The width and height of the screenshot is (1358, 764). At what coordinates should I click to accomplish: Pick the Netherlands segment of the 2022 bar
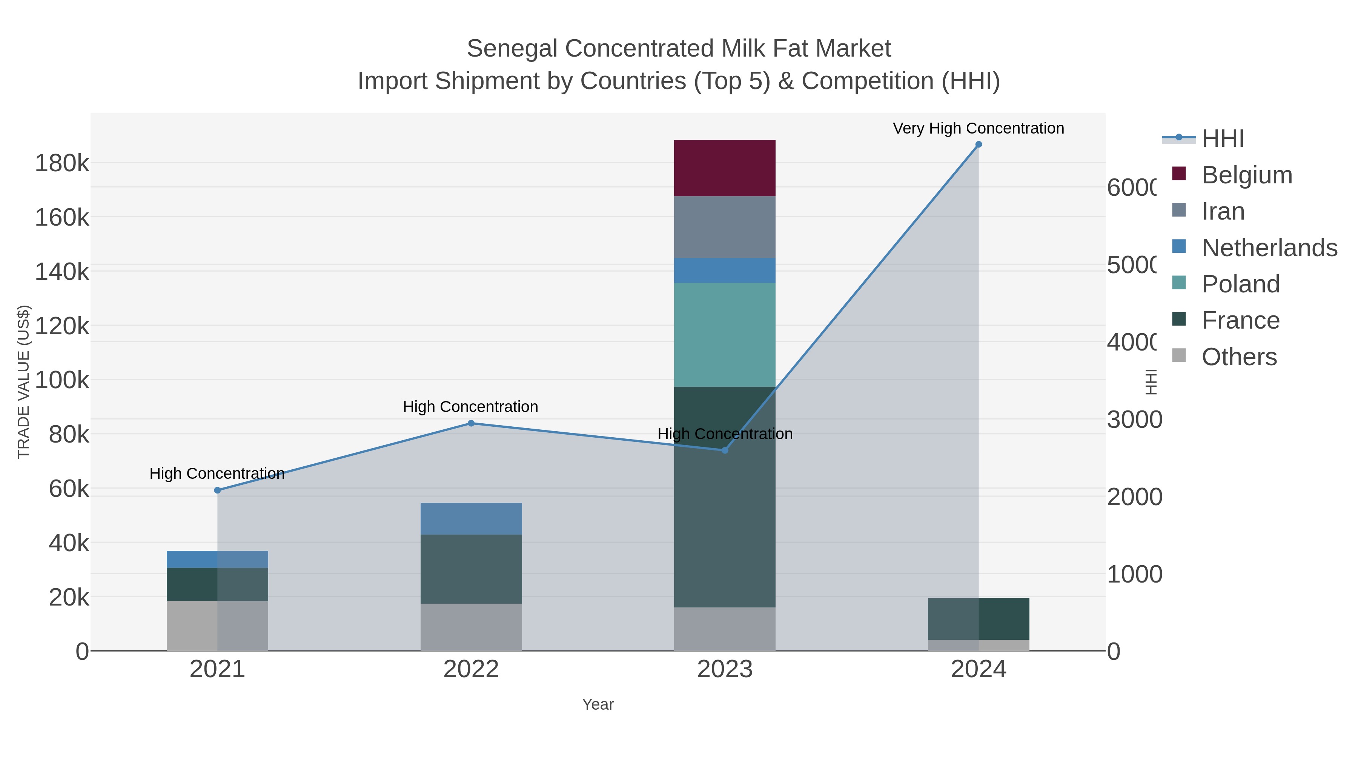[x=471, y=518]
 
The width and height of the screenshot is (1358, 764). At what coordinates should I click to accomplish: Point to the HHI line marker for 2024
[x=979, y=144]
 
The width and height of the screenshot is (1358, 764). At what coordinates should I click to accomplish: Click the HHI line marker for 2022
[x=471, y=423]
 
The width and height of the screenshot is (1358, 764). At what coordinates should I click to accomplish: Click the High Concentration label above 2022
[x=470, y=406]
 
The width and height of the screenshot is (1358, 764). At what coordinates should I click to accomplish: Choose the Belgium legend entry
[x=1247, y=175]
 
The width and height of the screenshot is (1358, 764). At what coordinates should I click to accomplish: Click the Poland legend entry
[x=1240, y=284]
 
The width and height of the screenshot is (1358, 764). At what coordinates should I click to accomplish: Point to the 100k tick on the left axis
[x=62, y=380]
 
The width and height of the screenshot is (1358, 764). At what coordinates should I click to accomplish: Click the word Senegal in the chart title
[x=512, y=49]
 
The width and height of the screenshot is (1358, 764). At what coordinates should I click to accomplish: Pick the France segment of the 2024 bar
[x=979, y=618]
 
